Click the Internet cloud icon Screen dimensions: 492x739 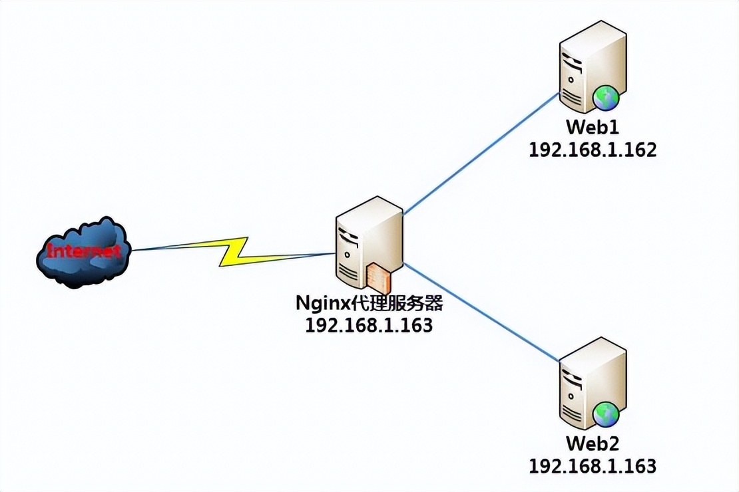[81, 253]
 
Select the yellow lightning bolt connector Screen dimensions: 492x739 [233, 252]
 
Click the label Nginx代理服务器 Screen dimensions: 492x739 [369, 305]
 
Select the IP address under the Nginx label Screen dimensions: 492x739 [369, 325]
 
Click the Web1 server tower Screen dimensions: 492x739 [591, 66]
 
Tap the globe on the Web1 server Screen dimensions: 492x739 [607, 98]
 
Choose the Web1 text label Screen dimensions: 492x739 [593, 128]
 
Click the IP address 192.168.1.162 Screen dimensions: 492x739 [593, 150]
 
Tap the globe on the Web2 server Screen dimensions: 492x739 [607, 415]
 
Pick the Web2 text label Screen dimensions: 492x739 [593, 443]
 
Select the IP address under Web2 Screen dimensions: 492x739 [593, 465]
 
